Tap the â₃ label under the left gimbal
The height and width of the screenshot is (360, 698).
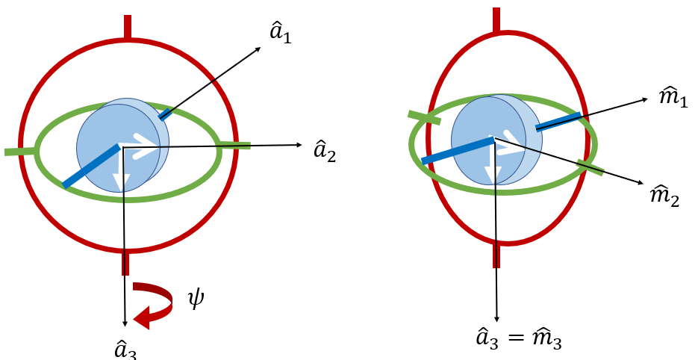tap(125, 350)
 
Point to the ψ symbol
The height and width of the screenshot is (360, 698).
tap(195, 300)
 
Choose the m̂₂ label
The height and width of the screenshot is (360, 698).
tap(664, 196)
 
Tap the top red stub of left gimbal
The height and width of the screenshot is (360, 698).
tap(128, 27)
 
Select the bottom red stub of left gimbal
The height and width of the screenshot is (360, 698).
tap(125, 263)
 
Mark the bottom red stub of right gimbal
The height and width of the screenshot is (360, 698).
tap(496, 255)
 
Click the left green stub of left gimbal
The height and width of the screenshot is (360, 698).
tap(20, 151)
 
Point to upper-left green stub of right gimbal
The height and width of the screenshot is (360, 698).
tap(423, 117)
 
